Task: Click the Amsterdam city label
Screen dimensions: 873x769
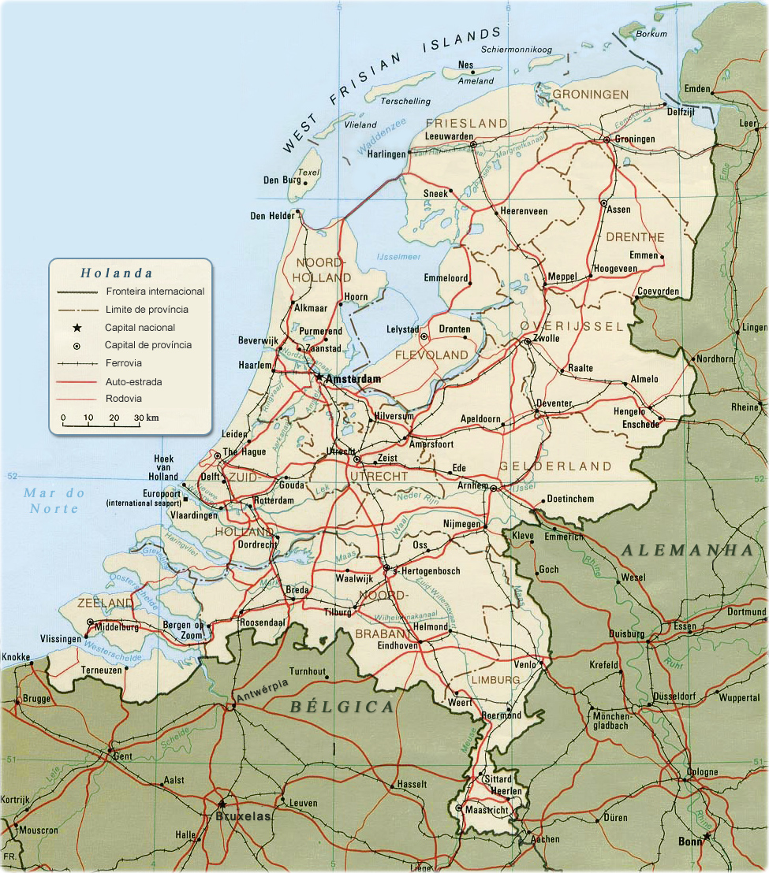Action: click(353, 379)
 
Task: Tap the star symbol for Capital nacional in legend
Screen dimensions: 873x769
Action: click(77, 328)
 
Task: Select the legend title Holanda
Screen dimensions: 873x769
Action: click(116, 273)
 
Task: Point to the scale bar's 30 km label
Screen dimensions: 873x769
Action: click(146, 418)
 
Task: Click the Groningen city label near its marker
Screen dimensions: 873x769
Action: click(635, 139)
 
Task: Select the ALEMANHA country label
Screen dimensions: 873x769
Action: click(687, 550)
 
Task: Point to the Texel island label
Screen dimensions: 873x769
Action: click(310, 173)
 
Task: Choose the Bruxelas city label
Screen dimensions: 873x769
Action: click(243, 817)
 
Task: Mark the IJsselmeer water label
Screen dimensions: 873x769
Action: click(399, 257)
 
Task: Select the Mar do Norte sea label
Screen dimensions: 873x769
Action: click(54, 501)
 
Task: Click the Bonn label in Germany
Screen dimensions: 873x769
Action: click(689, 841)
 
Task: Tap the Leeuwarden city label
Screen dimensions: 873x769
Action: click(448, 136)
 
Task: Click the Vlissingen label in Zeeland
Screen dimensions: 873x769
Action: click(62, 639)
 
